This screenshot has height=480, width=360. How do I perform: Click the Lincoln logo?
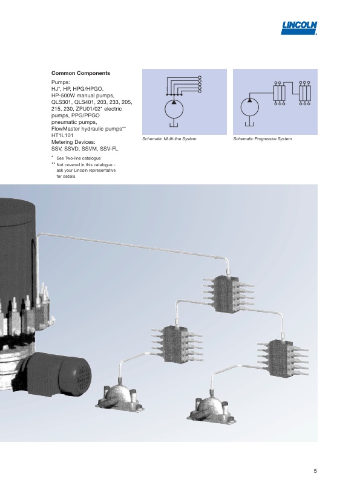(x=299, y=28)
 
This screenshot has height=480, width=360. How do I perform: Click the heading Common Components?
(x=80, y=73)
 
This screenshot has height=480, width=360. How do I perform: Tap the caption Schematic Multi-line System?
(x=169, y=139)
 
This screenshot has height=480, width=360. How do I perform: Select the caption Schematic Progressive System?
(x=262, y=139)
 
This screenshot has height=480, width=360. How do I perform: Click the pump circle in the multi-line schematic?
(x=174, y=109)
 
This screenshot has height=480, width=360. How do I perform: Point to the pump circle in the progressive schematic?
(x=249, y=108)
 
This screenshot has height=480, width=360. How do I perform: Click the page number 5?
(x=315, y=471)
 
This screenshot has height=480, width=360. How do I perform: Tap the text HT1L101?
(x=62, y=135)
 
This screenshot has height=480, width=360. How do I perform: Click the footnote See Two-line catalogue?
(x=79, y=158)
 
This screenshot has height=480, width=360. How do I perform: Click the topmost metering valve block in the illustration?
(x=229, y=292)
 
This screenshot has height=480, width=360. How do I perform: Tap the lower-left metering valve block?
(x=177, y=343)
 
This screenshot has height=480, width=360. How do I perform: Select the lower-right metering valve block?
(x=283, y=357)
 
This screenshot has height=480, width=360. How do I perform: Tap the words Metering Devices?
(x=73, y=142)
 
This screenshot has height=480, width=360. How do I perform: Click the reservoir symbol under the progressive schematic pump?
(x=249, y=124)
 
